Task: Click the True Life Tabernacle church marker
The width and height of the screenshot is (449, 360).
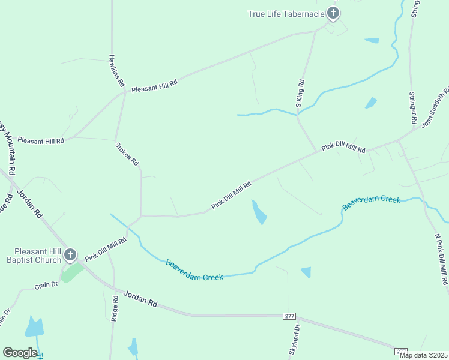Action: [333, 13]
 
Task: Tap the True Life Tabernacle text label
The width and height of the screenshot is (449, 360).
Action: [286, 14]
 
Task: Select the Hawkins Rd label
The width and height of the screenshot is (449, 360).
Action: [116, 70]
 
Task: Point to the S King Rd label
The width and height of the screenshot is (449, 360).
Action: [300, 94]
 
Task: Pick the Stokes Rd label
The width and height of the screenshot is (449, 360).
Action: [127, 153]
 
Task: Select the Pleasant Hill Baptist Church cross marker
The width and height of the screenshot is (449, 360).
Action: [70, 255]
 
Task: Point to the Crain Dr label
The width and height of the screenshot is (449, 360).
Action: [46, 285]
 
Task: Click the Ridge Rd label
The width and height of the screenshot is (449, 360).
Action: [114, 308]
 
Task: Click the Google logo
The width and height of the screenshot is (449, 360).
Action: [20, 353]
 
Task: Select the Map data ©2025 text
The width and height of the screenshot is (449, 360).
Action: [423, 355]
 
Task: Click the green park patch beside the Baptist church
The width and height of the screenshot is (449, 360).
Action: [73, 273]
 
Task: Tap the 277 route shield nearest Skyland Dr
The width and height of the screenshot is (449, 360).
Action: [289, 316]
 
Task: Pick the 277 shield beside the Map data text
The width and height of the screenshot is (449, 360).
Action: [400, 350]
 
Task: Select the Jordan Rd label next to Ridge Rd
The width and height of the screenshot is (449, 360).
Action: [140, 299]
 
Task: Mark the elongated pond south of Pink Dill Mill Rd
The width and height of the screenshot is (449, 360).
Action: [259, 212]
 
